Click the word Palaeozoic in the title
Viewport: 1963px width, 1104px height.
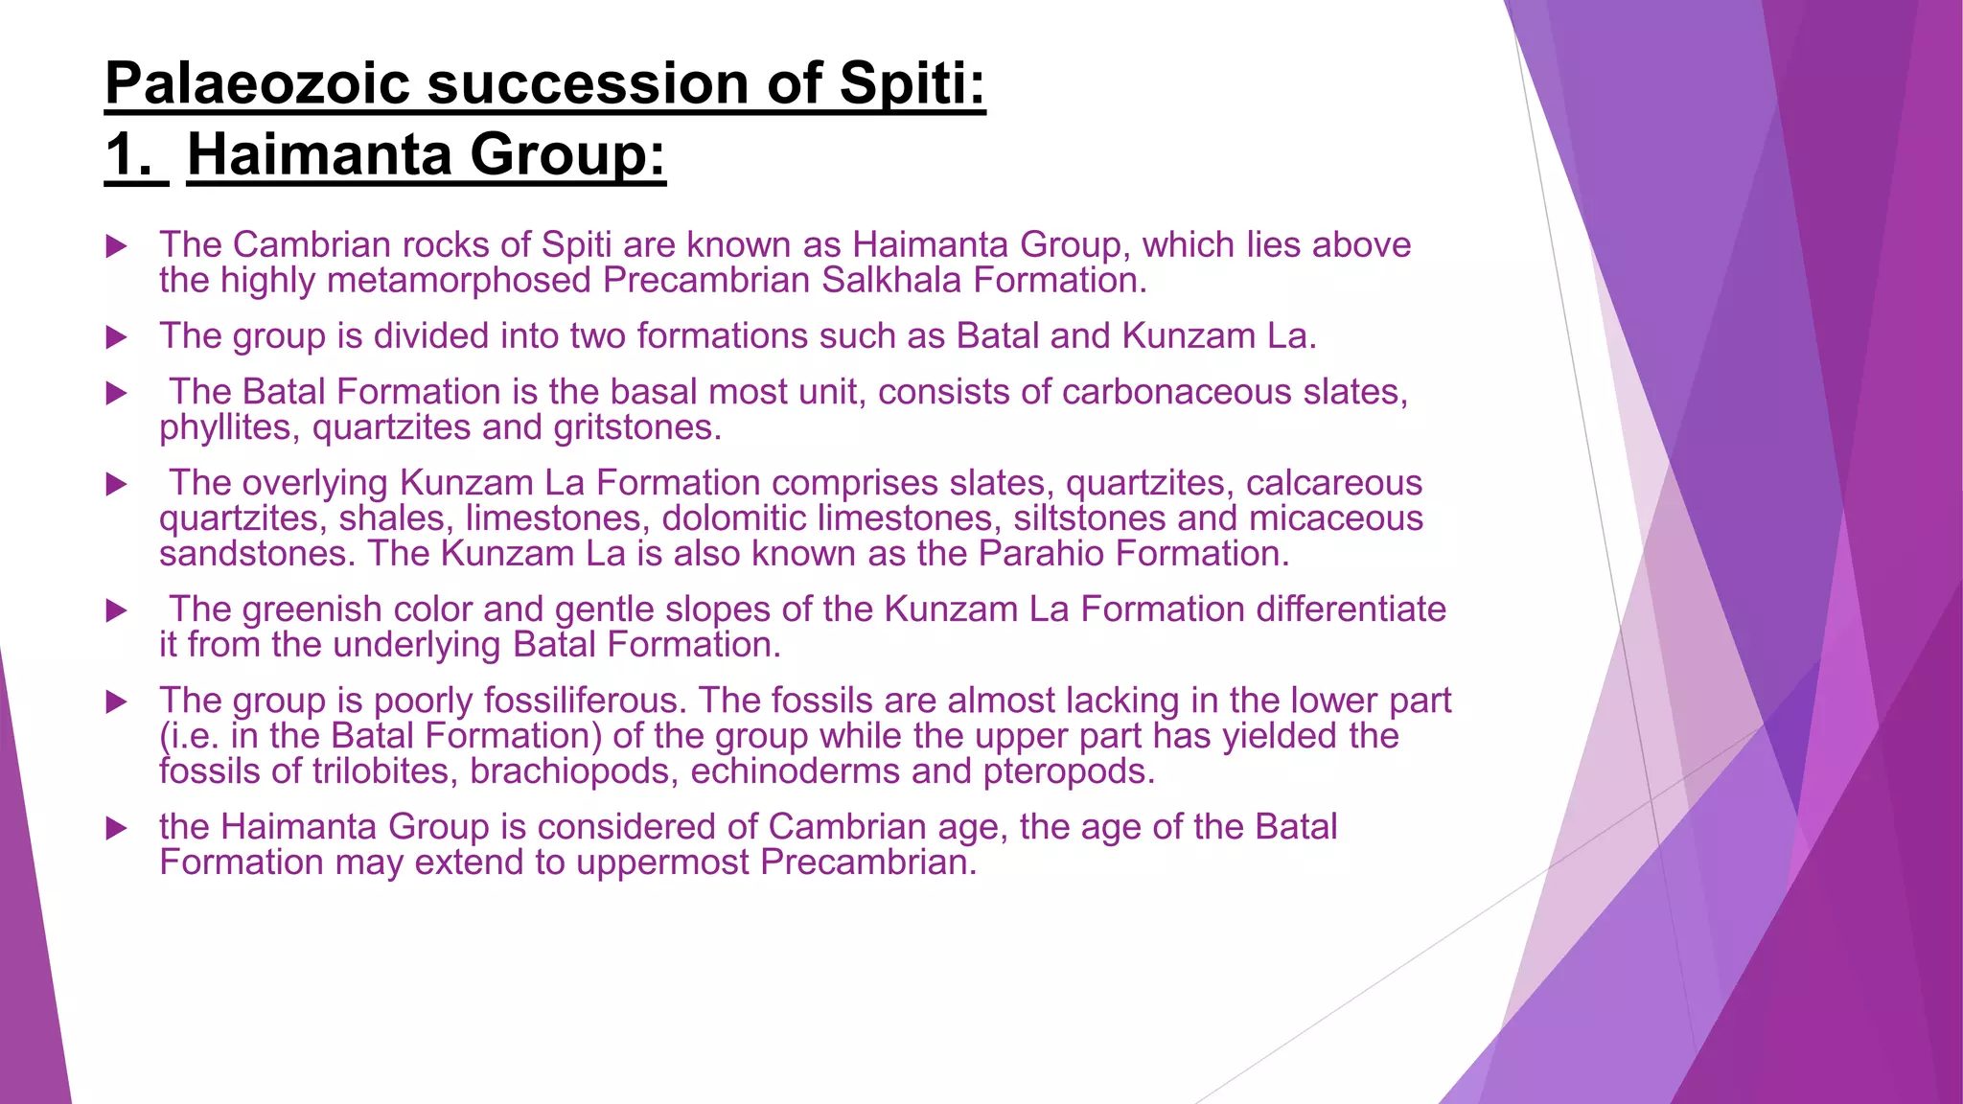(258, 83)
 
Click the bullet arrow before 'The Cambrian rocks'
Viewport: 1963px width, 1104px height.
(116, 246)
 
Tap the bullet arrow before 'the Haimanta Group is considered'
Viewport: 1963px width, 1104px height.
(116, 828)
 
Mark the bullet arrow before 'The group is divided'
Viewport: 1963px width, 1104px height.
(116, 337)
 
